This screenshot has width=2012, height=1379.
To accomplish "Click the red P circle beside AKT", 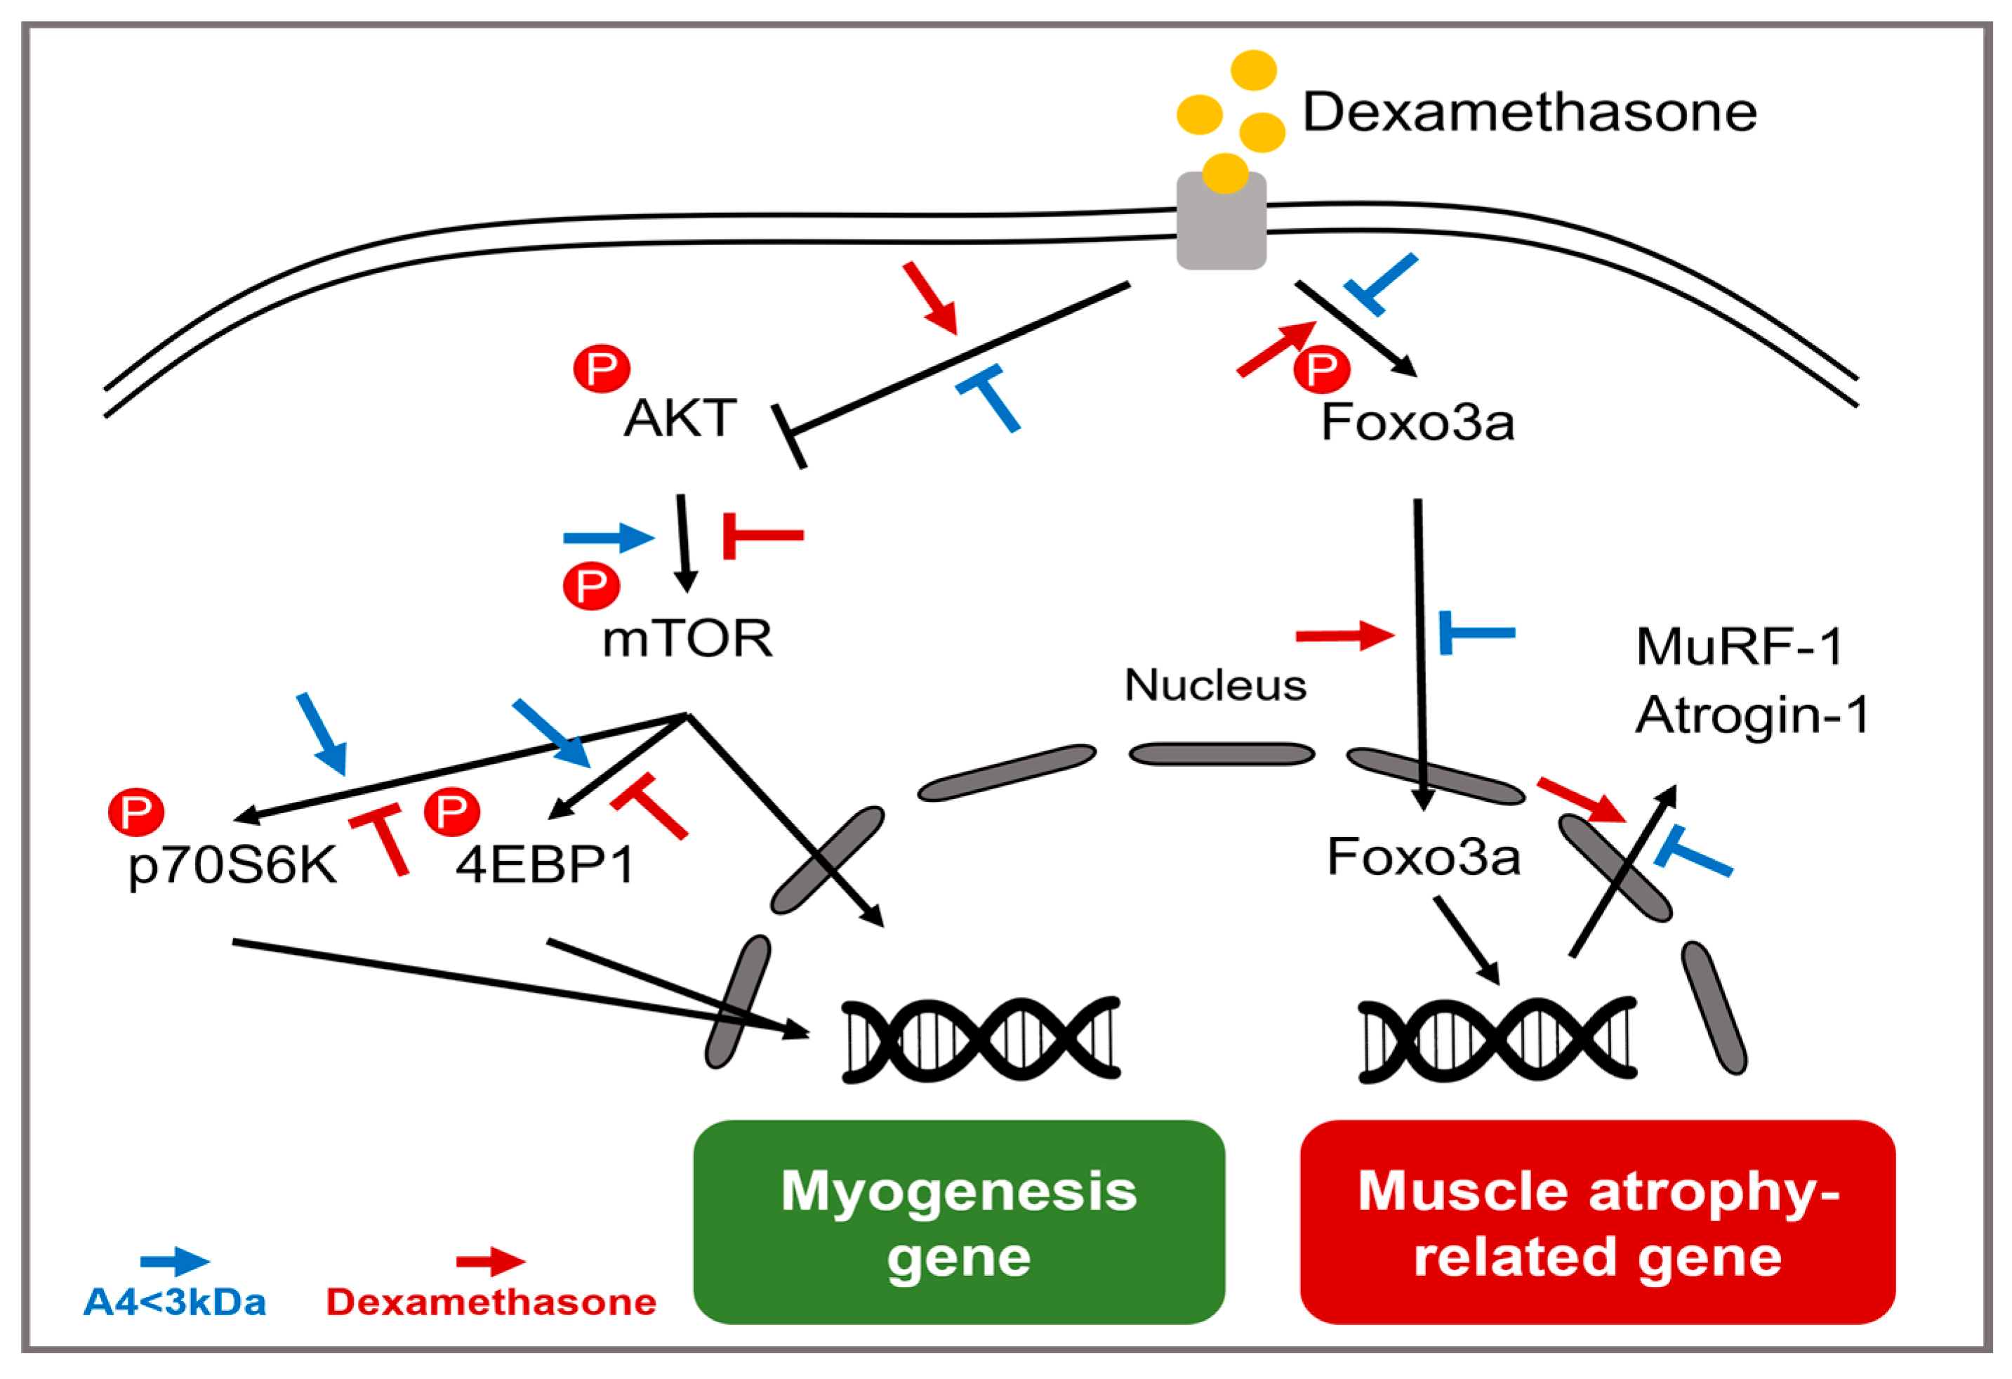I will coord(602,369).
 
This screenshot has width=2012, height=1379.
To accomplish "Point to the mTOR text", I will coord(687,639).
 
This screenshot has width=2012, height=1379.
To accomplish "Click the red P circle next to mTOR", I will coord(591,586).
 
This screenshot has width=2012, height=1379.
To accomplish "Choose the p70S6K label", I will coord(232,865).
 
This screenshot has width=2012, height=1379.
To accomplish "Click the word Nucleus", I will coord(1215,685).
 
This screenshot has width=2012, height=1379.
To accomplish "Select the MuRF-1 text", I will coord(1740,646).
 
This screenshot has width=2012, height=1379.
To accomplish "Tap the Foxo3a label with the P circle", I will coord(1417,423).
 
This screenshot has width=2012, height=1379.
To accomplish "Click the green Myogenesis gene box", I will coord(958,1222).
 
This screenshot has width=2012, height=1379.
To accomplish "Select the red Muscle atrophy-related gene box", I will coord(1597,1222).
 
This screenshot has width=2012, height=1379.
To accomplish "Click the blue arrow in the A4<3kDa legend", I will coord(175,1262).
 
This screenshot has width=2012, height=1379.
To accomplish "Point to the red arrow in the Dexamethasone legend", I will coord(491,1262).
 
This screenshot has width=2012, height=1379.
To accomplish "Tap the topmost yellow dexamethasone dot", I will coord(1254,70).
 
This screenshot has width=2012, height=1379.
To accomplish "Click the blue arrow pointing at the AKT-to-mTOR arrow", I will coord(608,538).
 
